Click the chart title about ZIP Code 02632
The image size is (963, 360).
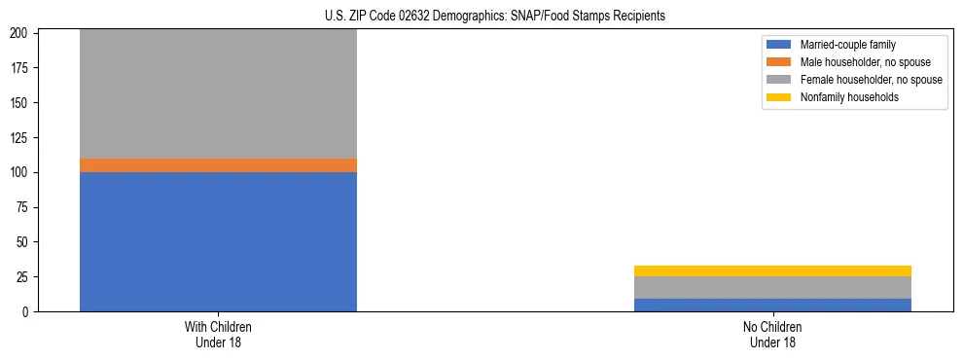click(x=495, y=17)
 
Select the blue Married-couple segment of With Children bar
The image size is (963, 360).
click(x=218, y=241)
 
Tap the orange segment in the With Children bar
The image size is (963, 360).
click(x=218, y=165)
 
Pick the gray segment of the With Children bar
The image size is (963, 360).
click(x=218, y=93)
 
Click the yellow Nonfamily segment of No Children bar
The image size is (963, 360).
click(x=772, y=270)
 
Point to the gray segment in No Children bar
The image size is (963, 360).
click(x=772, y=287)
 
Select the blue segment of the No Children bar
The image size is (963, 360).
click(x=772, y=305)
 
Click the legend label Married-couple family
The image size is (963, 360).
click(x=847, y=45)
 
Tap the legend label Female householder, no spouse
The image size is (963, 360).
click(x=871, y=80)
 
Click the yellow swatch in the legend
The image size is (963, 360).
click(x=779, y=97)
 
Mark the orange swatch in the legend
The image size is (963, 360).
click(x=779, y=62)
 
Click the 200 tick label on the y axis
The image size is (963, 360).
click(x=21, y=33)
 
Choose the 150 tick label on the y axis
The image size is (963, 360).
click(x=21, y=103)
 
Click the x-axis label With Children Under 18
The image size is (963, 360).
click(x=218, y=335)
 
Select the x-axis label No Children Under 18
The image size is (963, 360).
click(x=772, y=335)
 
